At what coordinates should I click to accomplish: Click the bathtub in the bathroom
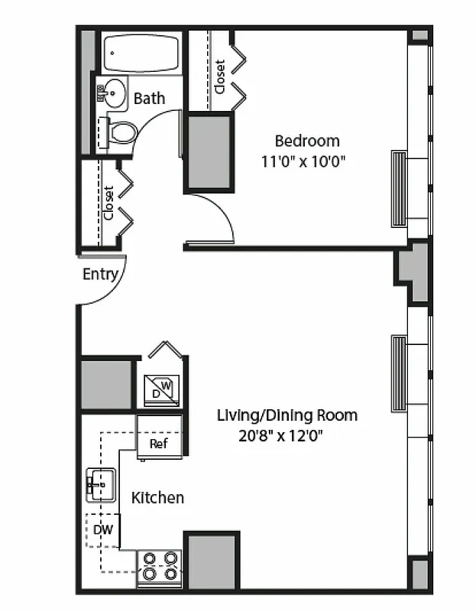pos(142,53)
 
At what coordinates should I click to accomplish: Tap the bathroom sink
pos(114,94)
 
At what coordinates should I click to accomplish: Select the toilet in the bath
pos(121,132)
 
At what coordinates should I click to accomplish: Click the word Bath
pos(149,99)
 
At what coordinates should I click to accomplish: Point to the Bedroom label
pos(306,141)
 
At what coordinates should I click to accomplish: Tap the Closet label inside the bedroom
pos(220,76)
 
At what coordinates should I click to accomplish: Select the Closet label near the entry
pos(108,203)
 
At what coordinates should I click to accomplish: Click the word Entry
pos(100,274)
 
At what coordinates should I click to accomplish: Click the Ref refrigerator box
pos(158,443)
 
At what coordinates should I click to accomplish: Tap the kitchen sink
pos(100,484)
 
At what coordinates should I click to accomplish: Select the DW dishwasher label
pos(102,529)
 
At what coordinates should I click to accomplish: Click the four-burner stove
pos(160,565)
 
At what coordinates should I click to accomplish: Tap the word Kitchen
pos(157,498)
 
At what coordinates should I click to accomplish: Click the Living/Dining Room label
pos(287,416)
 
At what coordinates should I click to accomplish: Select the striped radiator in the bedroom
pos(398,188)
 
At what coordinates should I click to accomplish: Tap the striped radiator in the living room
pos(398,373)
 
